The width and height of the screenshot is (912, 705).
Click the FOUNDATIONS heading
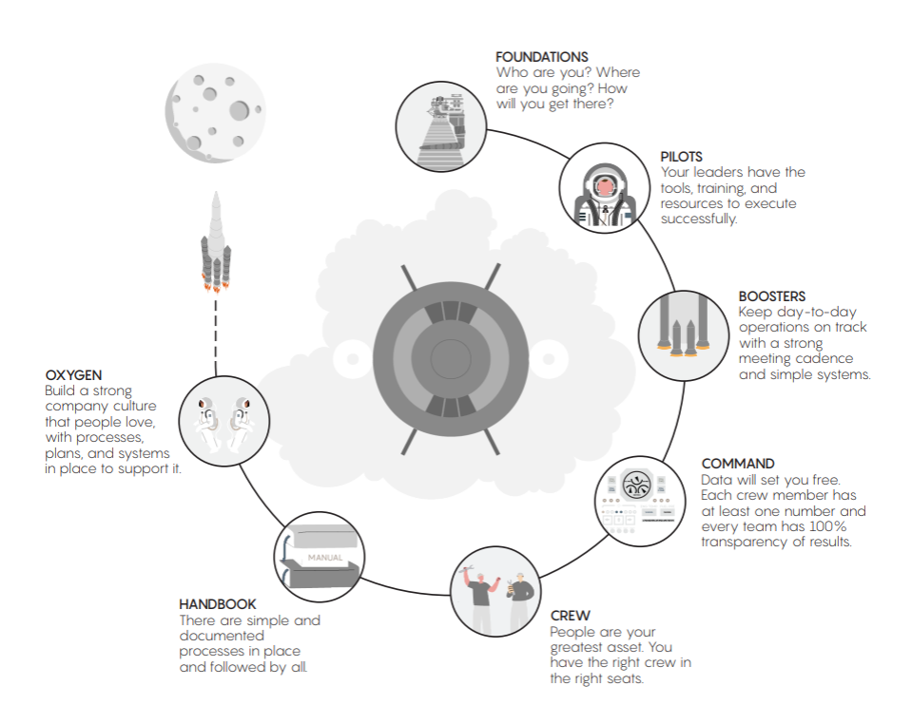pos(541,57)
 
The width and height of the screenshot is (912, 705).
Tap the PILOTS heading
pos(681,156)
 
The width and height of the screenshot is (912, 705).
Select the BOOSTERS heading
pos(772,295)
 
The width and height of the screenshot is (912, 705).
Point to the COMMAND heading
pos(738,464)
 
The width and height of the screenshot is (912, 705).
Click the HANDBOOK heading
pos(218,603)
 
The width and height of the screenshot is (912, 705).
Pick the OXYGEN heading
pos(72,374)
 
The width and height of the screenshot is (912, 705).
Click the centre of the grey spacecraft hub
pos(450,359)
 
